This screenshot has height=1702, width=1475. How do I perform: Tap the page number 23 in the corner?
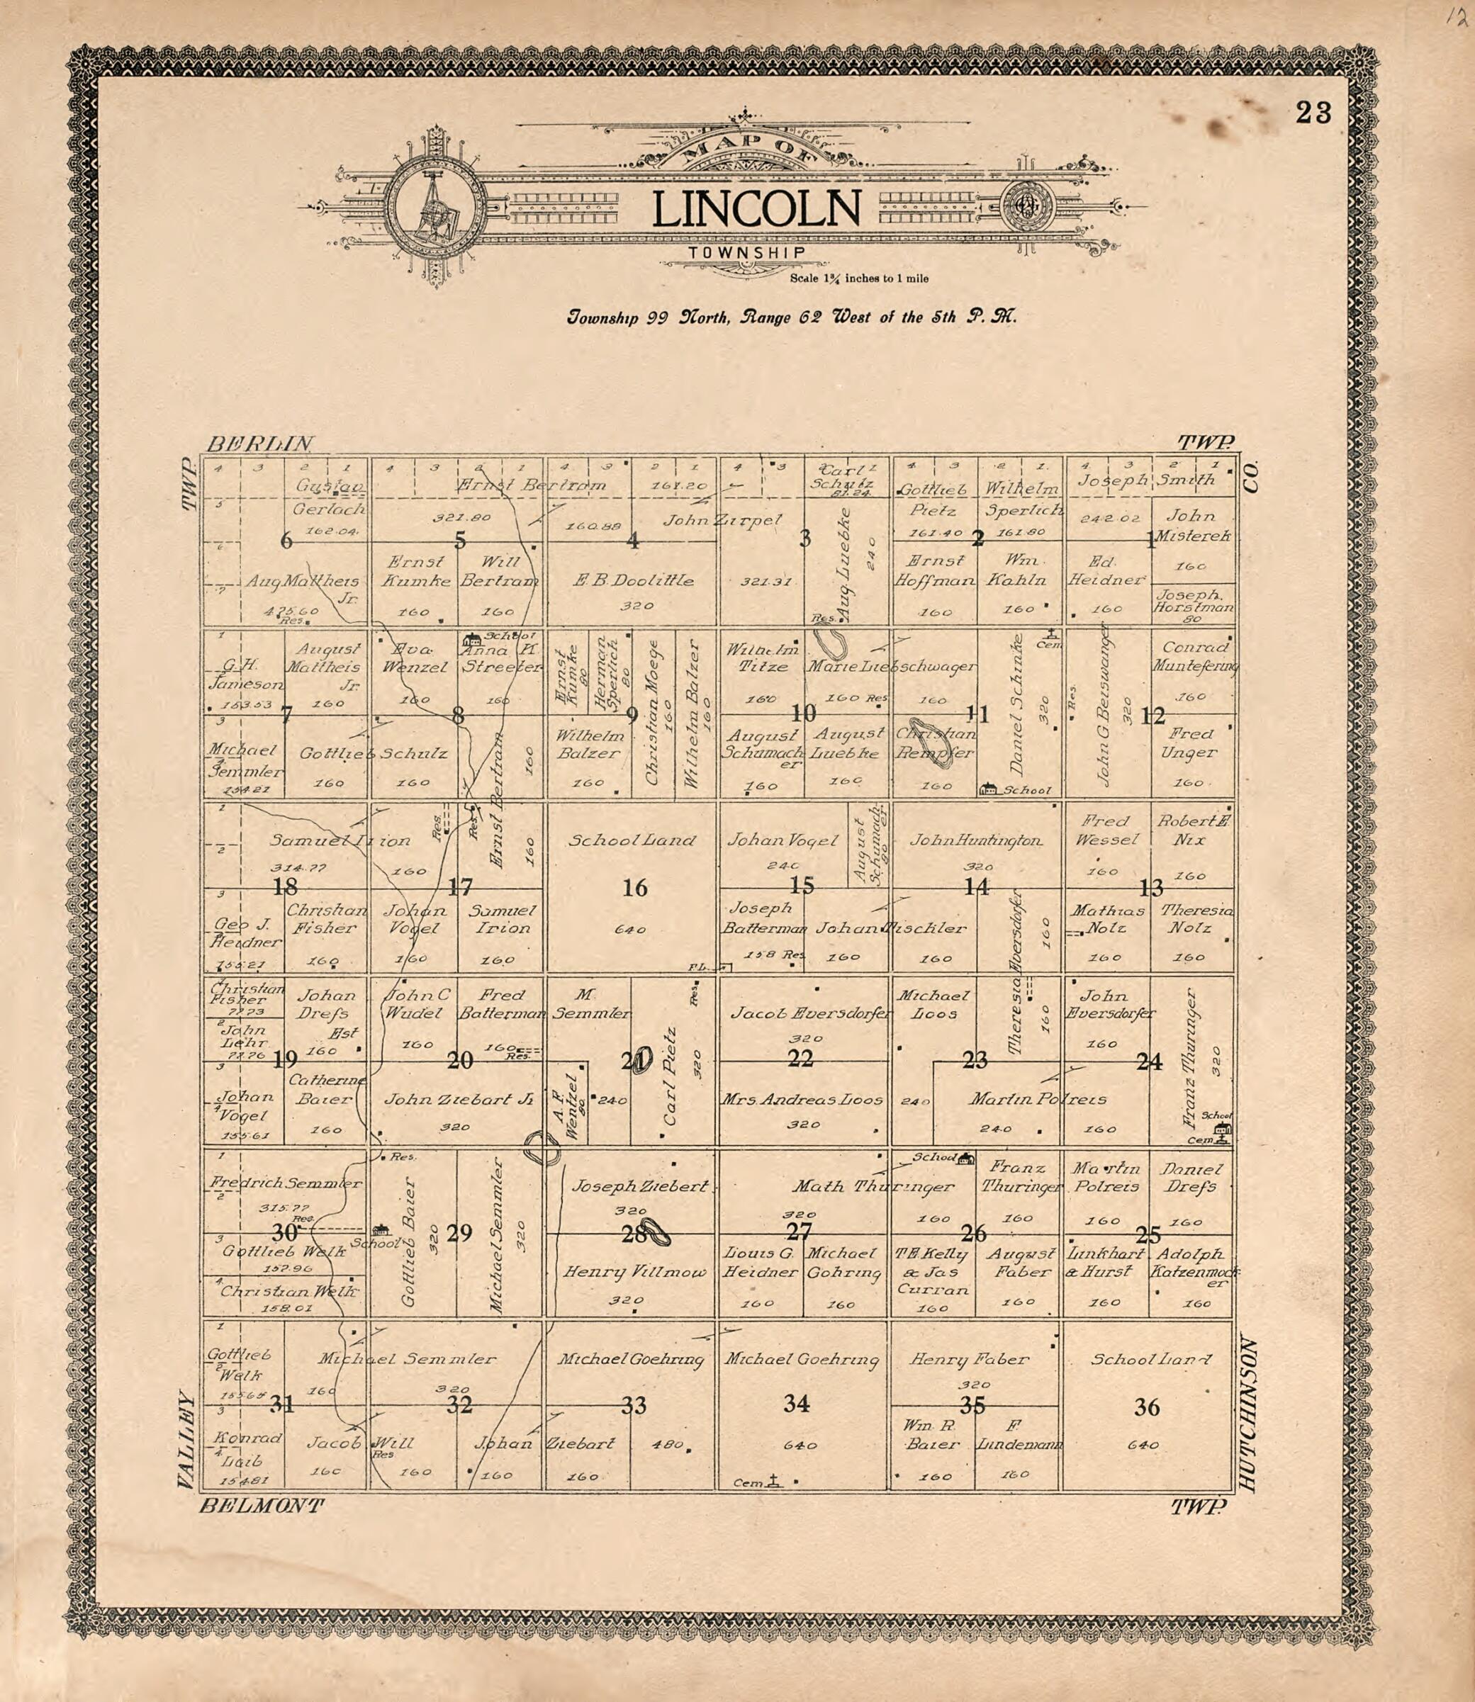1313,113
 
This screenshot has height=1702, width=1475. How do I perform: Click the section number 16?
634,888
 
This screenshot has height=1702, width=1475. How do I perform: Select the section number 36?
1147,1407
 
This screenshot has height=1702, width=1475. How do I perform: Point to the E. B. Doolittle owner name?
633,580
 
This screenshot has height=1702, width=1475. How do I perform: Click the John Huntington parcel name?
976,841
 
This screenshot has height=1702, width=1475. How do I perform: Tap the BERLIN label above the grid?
259,444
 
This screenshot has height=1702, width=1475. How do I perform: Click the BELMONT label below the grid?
262,1506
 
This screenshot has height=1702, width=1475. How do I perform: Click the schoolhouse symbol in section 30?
381,1229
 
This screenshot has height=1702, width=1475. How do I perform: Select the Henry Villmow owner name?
634,1273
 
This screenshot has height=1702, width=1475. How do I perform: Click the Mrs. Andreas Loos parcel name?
802,1100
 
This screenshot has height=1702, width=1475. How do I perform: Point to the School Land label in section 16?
632,841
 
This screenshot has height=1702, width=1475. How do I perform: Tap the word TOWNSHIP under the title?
747,253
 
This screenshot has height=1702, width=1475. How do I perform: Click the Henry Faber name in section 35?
969,1360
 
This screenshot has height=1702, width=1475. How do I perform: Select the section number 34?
796,1403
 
